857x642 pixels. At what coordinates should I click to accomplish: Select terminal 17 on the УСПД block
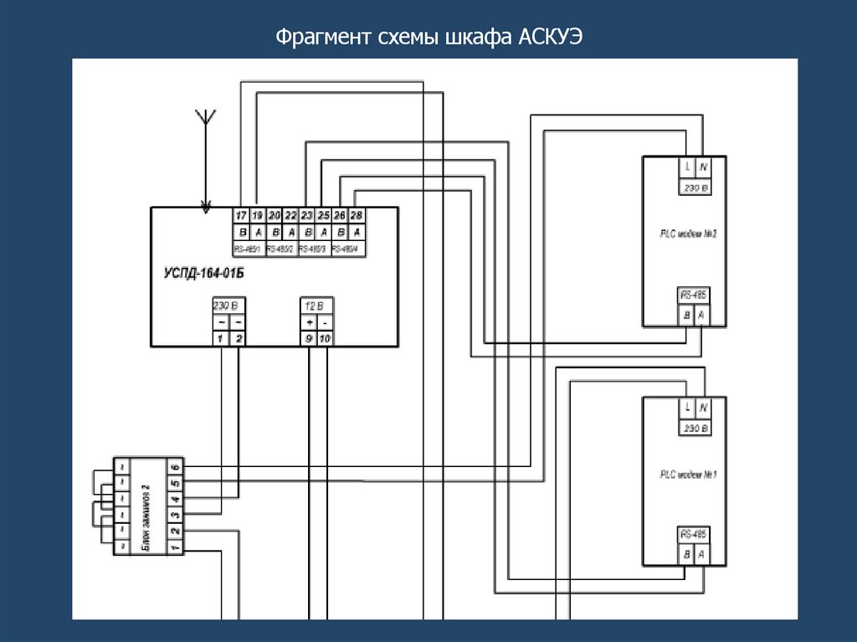(241, 215)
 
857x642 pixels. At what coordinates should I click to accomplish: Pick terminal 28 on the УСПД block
(357, 215)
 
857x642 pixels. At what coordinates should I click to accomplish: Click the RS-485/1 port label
(249, 249)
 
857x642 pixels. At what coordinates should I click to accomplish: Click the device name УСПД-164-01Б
(203, 273)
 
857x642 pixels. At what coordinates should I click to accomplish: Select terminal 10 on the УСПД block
(326, 338)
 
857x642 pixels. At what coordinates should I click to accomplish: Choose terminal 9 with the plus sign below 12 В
(310, 338)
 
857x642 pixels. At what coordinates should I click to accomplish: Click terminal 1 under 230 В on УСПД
(220, 338)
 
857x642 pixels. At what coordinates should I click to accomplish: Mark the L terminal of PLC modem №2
(686, 167)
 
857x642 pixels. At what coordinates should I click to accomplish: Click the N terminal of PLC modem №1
(703, 408)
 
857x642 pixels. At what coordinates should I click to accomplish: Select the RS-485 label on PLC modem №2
(693, 295)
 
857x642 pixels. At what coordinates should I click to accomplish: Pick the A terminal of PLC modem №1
(701, 553)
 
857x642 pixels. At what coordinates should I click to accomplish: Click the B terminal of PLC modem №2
(686, 315)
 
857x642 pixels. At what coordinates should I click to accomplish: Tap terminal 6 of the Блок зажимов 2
(175, 466)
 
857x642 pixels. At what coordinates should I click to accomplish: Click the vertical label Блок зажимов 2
(145, 507)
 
